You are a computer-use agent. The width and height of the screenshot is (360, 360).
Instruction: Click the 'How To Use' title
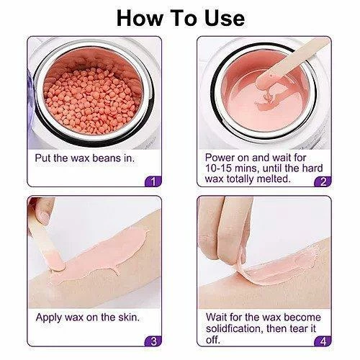click(x=181, y=19)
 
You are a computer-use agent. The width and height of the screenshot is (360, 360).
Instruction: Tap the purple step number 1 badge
click(x=153, y=181)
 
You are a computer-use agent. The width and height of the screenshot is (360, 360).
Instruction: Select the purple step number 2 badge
click(x=323, y=181)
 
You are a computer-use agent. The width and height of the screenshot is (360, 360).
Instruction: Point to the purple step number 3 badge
click(x=153, y=341)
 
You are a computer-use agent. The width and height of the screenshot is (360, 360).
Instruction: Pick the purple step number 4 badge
click(x=323, y=341)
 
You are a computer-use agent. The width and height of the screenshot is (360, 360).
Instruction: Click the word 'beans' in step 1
click(x=107, y=158)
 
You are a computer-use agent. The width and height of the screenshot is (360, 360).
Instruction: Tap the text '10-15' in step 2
click(x=218, y=168)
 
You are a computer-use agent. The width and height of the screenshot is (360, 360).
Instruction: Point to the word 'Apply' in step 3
click(x=49, y=318)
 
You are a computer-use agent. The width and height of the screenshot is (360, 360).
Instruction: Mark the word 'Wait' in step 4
click(x=216, y=318)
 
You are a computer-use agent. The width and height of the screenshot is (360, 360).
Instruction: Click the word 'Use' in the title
click(x=225, y=19)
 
